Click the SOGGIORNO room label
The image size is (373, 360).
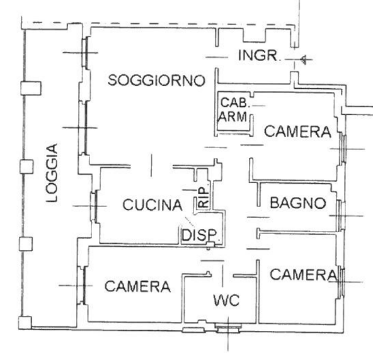coord(156,80)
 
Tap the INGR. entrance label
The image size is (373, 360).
coord(258,55)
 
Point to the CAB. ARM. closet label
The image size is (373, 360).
coord(234,110)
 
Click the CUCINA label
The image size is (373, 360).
coord(152,205)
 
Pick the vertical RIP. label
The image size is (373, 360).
coord(204,197)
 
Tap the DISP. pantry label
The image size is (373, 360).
coord(199,235)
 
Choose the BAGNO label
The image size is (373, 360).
coord(298,203)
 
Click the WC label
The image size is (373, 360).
coord(226,300)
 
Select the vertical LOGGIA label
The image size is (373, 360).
coord(52,172)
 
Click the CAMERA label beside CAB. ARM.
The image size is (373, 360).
coord(297,132)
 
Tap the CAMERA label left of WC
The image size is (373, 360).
coord(137,286)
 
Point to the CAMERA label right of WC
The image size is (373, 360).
coord(304,274)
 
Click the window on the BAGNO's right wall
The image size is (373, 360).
coord(341,216)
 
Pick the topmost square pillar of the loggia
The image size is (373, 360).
coord(31,88)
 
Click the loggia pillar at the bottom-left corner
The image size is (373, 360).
coord(25,323)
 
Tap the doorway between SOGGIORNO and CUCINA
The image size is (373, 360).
coord(151,166)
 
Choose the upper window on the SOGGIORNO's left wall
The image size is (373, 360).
coord(86,52)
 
